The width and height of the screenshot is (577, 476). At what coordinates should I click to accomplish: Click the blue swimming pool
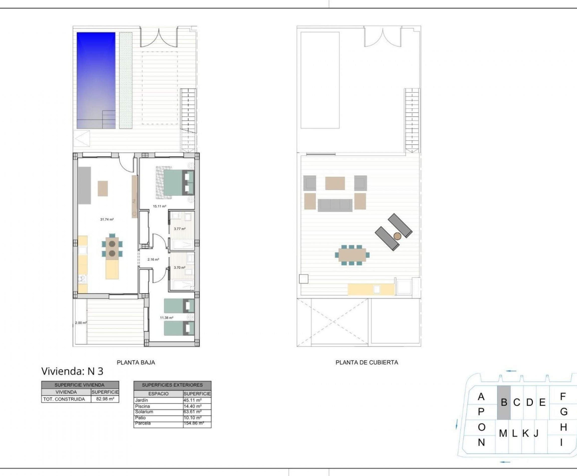(96, 80)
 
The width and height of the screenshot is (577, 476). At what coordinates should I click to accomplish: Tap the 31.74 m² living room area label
(107, 219)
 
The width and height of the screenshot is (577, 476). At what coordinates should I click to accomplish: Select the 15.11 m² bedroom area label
(160, 206)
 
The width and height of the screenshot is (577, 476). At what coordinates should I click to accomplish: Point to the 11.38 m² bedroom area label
(167, 318)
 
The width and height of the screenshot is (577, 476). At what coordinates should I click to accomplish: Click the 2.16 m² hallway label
(153, 259)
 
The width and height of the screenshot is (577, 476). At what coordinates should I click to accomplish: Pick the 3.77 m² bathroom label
(180, 229)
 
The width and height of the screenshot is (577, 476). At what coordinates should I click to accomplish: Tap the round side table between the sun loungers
(397, 236)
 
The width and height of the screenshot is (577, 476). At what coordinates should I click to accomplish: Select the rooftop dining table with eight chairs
(352, 255)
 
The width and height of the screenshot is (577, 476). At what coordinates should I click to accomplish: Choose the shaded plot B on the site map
(504, 403)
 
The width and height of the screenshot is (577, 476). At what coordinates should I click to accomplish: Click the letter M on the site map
(503, 433)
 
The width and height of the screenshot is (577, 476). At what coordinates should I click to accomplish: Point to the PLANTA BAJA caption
(136, 363)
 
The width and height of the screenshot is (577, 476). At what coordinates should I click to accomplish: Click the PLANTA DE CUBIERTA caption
(367, 363)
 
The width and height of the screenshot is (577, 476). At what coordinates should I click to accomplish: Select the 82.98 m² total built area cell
(105, 399)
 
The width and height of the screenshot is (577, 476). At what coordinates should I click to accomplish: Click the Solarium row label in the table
(144, 412)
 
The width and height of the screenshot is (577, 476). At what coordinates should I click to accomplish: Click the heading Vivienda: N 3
(72, 371)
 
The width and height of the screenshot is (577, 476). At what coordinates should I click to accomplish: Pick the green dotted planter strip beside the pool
(126, 80)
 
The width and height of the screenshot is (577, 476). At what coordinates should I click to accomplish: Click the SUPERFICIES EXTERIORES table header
(172, 385)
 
